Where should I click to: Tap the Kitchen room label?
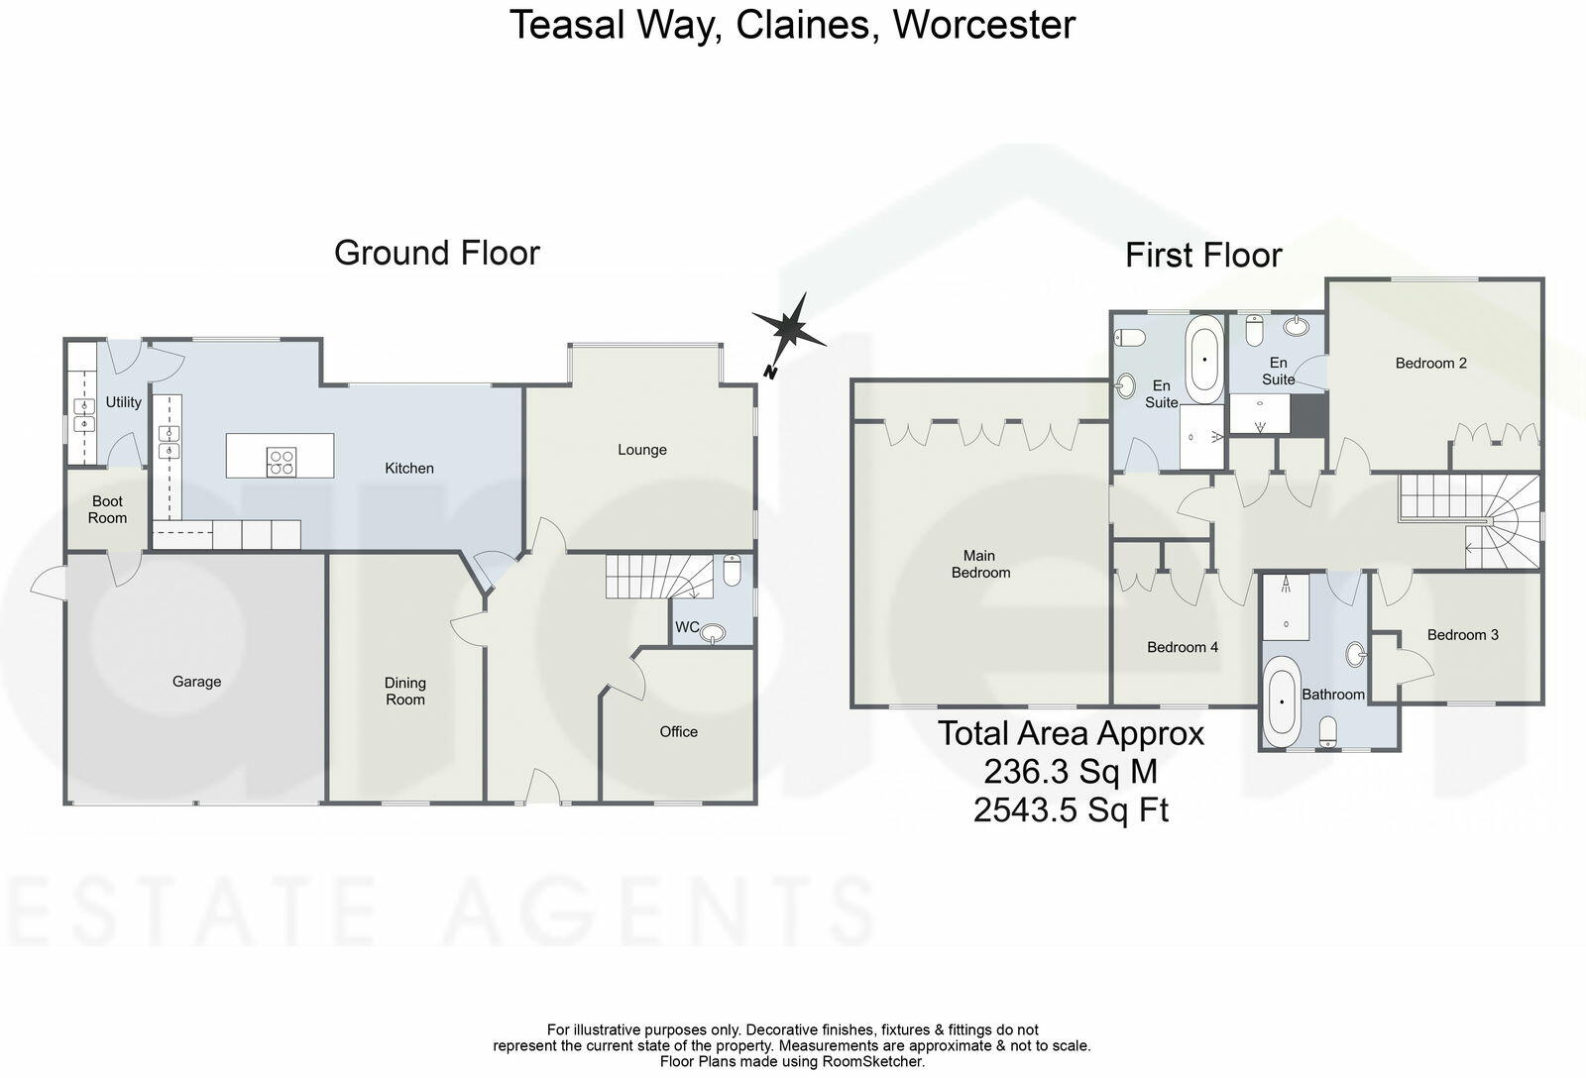coord(409,468)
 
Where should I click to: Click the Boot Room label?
coord(107,509)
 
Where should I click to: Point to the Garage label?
coord(196,682)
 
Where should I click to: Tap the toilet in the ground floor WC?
coord(732,572)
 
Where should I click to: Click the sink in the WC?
coord(714,633)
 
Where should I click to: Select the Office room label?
coord(679,732)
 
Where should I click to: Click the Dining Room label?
coord(405,691)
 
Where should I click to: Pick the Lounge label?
coord(642,450)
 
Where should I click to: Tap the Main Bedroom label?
coord(980,564)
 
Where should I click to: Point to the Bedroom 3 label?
coord(1463,635)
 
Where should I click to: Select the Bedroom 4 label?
coord(1183,648)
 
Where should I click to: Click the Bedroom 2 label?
coord(1430,364)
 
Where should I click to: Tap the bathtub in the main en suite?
coord(1204,359)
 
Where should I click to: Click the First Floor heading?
coord(1203,256)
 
